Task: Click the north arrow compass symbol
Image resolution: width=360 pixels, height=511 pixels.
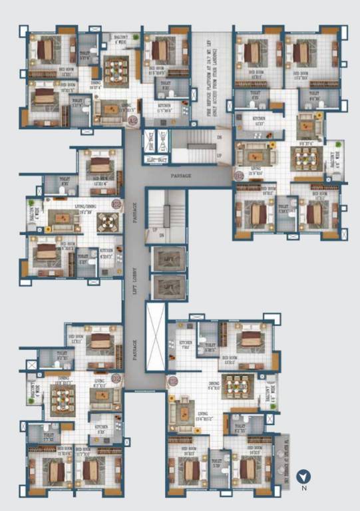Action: (303, 476)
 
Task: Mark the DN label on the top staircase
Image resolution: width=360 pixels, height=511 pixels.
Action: (219, 137)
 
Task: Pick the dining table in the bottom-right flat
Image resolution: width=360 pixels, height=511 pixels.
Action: (237, 386)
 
